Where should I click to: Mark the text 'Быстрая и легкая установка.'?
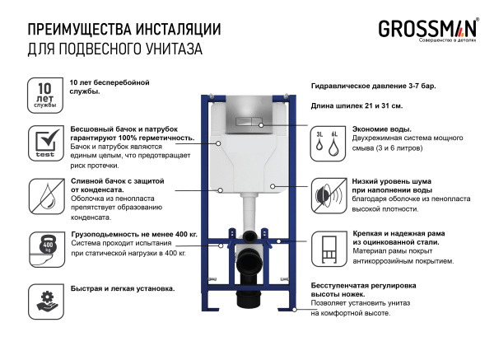122,288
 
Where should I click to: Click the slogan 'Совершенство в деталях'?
449,40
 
